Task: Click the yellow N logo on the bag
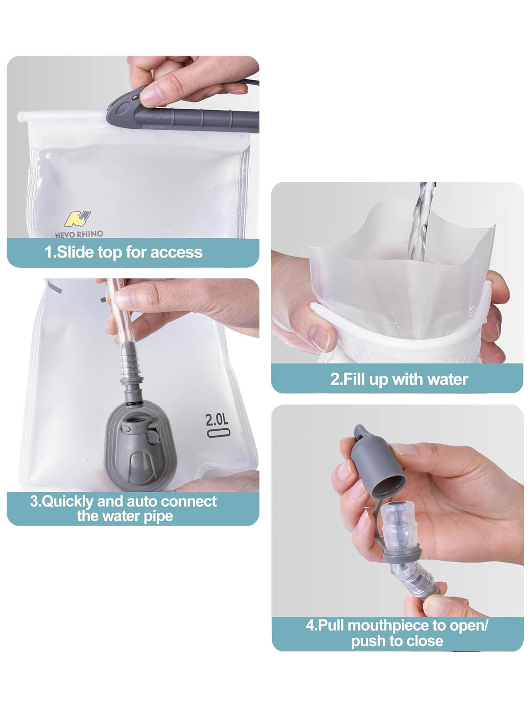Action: click(x=78, y=219)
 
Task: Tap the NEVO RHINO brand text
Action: click(x=79, y=234)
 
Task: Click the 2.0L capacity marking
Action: click(x=217, y=420)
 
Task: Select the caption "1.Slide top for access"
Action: click(x=124, y=252)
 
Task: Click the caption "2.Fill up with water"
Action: click(x=399, y=379)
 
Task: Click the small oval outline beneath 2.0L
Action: click(x=218, y=433)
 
